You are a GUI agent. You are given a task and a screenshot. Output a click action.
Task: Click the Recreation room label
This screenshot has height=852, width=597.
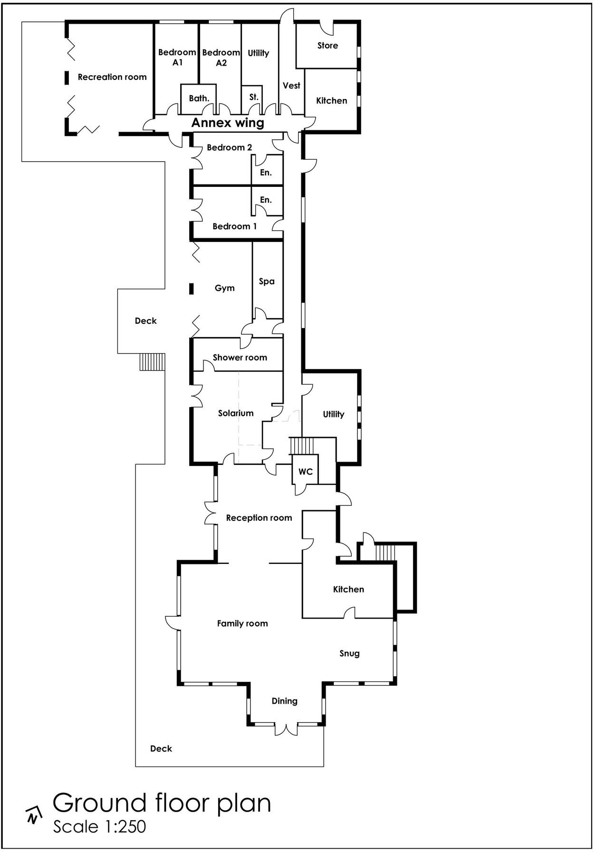(x=112, y=77)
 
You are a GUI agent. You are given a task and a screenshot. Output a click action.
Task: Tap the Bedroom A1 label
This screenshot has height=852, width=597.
(x=177, y=57)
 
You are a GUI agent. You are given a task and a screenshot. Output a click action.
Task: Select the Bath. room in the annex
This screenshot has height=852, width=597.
(x=199, y=98)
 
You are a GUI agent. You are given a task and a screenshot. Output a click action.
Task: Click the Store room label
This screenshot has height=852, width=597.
(x=327, y=46)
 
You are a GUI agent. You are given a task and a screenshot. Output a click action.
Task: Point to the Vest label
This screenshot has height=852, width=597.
(x=291, y=86)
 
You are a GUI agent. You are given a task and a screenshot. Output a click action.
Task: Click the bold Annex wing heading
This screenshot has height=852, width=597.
(x=228, y=123)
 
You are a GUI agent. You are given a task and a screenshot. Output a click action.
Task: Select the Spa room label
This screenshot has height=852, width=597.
(x=267, y=281)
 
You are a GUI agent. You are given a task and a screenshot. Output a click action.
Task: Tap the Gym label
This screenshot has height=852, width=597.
(x=225, y=288)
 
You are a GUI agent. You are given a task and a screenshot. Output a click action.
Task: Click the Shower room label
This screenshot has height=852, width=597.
(x=240, y=358)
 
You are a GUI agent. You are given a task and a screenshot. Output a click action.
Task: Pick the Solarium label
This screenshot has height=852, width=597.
(x=236, y=413)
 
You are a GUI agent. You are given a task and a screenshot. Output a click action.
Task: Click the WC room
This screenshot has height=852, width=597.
(x=305, y=472)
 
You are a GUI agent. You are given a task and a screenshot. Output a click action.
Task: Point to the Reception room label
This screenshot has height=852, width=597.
(x=259, y=518)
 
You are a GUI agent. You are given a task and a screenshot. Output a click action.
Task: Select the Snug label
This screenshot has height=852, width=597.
(x=349, y=653)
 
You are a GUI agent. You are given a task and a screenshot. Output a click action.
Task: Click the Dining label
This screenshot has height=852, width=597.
(x=284, y=701)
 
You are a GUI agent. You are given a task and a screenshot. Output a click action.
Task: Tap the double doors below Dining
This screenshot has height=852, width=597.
(x=286, y=729)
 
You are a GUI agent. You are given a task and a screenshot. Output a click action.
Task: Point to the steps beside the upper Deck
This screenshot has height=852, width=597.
(x=152, y=362)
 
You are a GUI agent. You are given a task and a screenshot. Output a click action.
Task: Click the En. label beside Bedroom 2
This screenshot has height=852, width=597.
(x=266, y=173)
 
